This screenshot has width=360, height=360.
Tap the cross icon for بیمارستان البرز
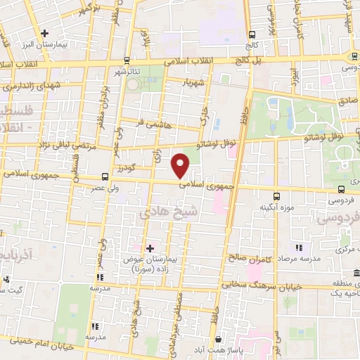[x=44, y=33]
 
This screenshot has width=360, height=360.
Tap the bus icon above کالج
[x=252, y=34]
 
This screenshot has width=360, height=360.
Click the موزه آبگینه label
[x=276, y=208]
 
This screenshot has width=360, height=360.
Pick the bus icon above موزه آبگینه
[x=276, y=196]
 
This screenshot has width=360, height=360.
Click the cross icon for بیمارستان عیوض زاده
[x=149, y=247]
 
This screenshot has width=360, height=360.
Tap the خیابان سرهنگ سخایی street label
[x=253, y=286]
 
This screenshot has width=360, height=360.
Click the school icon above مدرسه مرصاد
[x=299, y=247]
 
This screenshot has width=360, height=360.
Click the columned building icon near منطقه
[x=356, y=273]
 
